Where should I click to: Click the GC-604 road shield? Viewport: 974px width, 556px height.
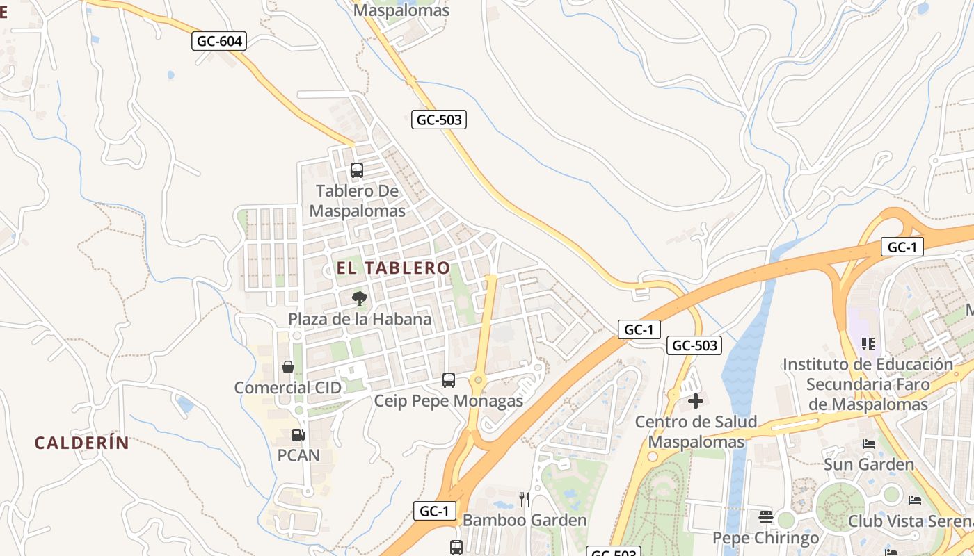point(219,41)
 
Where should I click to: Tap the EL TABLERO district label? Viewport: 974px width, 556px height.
point(394,268)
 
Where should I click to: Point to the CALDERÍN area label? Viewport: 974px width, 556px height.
point(82,443)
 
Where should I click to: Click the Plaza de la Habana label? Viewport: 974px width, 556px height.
point(360,319)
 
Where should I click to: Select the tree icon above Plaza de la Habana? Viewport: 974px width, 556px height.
point(360,300)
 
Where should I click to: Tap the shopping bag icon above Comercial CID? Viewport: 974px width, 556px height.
point(287,367)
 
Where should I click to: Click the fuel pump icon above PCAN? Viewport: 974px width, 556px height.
point(298,435)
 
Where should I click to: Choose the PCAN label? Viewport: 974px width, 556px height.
point(298,455)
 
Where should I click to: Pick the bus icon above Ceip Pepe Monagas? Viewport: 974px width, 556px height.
point(449,380)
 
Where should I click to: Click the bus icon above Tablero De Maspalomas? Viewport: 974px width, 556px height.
point(357,170)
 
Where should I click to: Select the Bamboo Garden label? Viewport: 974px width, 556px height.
point(525,520)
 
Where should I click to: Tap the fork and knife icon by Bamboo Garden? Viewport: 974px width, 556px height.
point(525,499)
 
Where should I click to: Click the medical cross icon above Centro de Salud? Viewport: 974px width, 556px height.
point(696,401)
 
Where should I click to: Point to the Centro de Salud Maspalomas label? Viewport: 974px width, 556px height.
point(696,432)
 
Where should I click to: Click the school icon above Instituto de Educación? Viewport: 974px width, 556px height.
point(868,343)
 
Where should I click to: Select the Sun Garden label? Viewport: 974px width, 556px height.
point(869,464)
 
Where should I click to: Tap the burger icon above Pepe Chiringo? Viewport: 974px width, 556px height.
point(766,517)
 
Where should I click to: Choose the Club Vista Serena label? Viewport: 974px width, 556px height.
point(910,521)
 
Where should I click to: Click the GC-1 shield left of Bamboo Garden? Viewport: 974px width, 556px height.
point(435,512)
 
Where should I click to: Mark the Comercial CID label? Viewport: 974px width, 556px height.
point(288,388)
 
